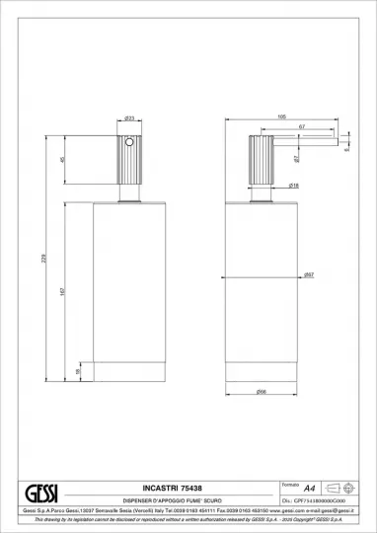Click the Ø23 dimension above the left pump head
(129, 118)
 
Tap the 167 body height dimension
(62, 293)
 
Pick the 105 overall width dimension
(281, 116)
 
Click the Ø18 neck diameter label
(266, 185)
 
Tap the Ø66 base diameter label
(262, 393)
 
